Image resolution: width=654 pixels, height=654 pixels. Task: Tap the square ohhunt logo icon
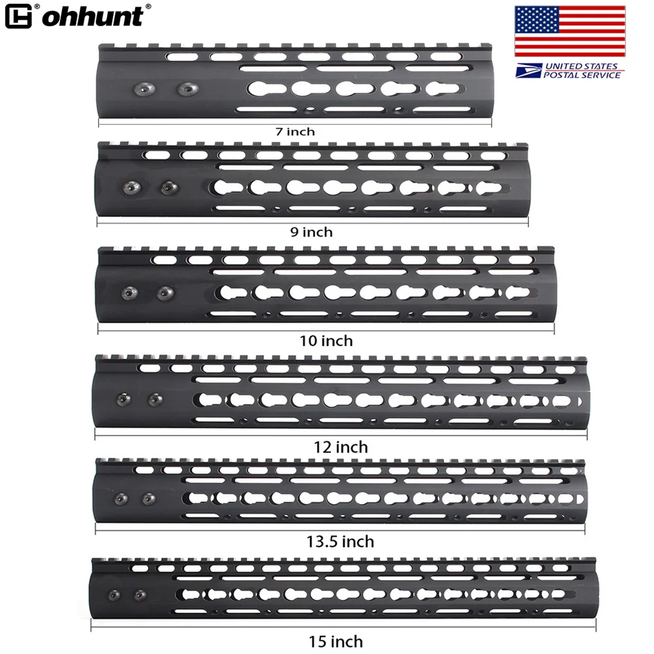tap(18, 16)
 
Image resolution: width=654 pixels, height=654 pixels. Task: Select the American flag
tap(569, 31)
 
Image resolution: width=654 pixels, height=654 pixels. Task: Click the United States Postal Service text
tap(582, 71)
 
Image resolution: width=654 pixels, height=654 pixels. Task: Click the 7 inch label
tap(295, 131)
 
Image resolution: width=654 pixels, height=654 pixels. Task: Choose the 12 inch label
tap(341, 447)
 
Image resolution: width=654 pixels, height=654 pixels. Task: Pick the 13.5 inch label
tap(341, 542)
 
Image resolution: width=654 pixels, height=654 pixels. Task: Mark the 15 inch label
tap(337, 642)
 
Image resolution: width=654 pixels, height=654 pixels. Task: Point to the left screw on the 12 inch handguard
tap(122, 398)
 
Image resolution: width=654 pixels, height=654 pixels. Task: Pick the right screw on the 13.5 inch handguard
tap(148, 500)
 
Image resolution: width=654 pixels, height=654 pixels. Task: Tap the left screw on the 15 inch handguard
tap(115, 596)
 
